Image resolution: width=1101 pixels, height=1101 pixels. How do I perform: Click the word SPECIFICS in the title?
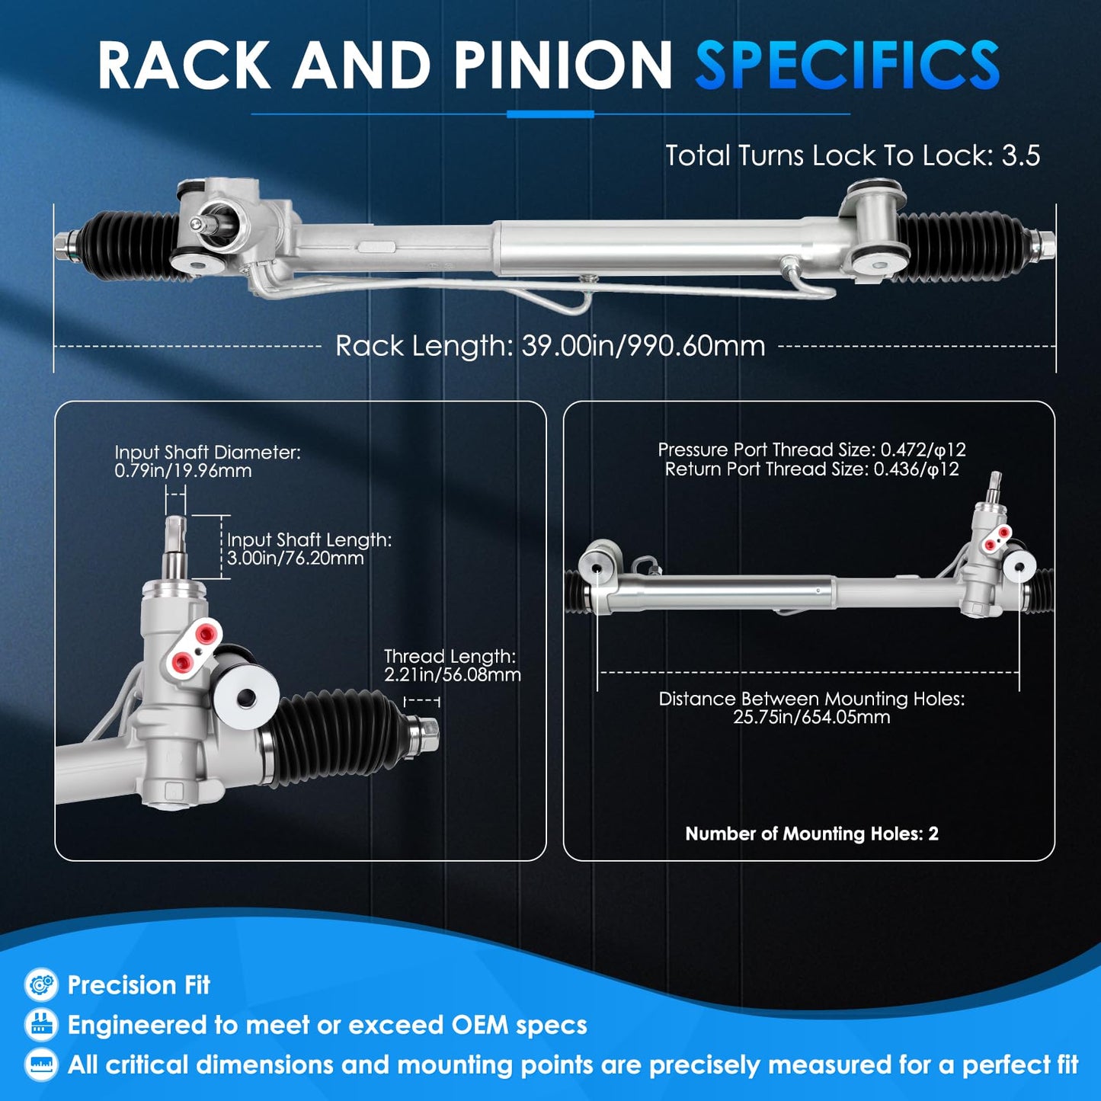pyautogui.click(x=847, y=65)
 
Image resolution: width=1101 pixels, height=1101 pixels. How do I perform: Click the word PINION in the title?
pyautogui.click(x=563, y=65)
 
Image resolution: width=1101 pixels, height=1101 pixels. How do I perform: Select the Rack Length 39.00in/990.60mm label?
pyautogui.click(x=550, y=346)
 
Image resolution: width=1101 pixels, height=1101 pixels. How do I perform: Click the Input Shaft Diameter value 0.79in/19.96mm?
pyautogui.click(x=183, y=471)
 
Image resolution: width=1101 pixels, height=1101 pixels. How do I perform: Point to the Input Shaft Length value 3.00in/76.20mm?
pyautogui.click(x=296, y=558)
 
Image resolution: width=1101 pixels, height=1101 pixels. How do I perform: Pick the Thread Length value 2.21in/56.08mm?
pyautogui.click(x=453, y=674)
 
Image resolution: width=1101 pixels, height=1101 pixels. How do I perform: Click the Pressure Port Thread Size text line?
pyautogui.click(x=811, y=450)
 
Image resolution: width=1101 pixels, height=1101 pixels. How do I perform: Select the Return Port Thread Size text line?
pyautogui.click(x=811, y=469)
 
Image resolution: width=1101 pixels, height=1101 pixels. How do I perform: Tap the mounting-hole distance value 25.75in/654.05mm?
pyautogui.click(x=811, y=716)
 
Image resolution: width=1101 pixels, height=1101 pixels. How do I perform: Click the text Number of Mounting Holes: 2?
pyautogui.click(x=811, y=834)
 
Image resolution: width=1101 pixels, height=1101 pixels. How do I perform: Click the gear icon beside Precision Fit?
pyautogui.click(x=41, y=984)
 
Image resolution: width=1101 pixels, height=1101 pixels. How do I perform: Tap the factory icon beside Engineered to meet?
pyautogui.click(x=41, y=1025)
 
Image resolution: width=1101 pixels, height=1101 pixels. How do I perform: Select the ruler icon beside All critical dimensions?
pyautogui.click(x=41, y=1064)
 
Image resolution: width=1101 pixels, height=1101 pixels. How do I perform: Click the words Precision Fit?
pyautogui.click(x=139, y=985)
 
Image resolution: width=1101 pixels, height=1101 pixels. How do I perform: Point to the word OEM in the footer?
pyautogui.click(x=478, y=1025)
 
